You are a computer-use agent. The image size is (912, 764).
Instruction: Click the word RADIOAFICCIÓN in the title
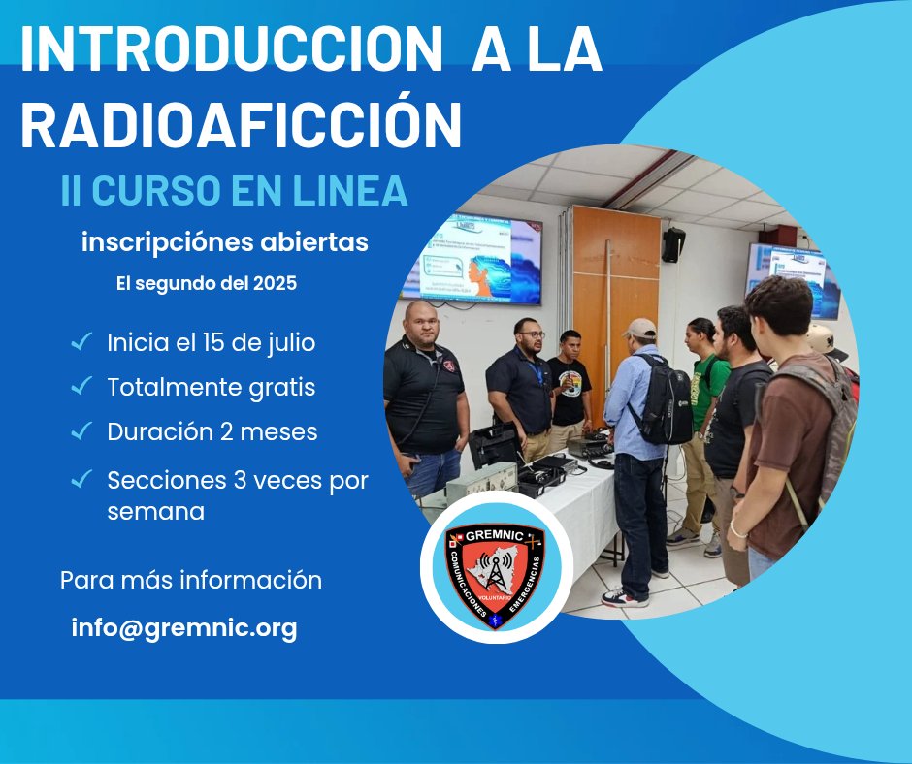241,124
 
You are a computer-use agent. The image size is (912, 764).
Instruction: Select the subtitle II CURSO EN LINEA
234,190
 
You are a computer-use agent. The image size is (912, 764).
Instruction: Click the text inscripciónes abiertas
225,242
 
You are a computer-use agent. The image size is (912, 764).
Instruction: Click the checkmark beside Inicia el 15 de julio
81,342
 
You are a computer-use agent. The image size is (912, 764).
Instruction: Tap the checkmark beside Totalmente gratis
81,387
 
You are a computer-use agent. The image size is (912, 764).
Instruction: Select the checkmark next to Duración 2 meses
81,431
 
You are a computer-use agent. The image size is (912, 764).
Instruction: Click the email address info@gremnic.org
184,628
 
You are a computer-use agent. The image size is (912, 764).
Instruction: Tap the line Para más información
191,581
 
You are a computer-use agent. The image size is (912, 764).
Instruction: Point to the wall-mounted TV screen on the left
471,260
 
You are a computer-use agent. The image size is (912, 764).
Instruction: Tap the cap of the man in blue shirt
640,328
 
